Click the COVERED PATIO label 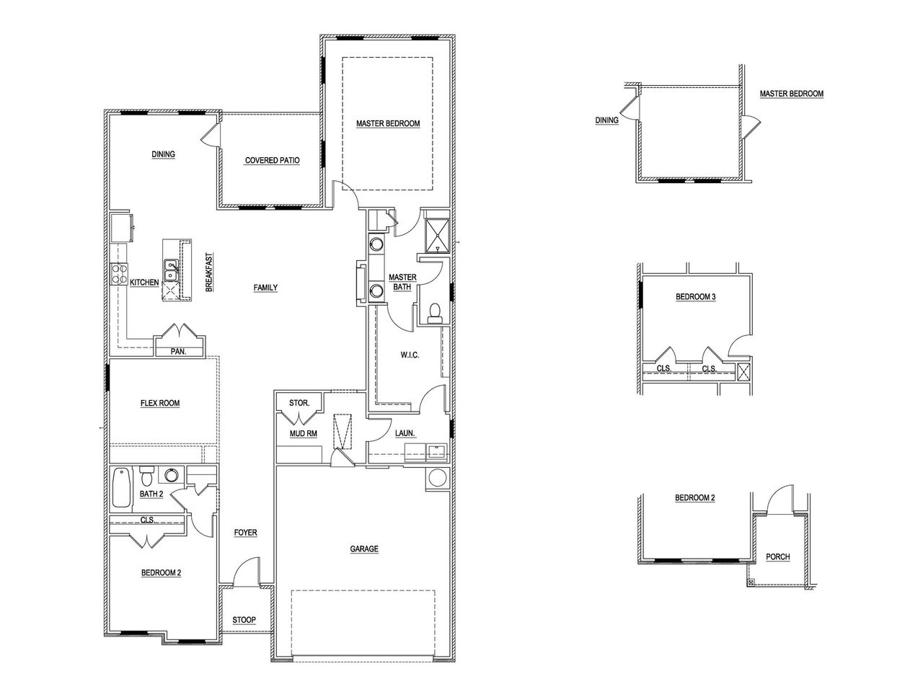272,160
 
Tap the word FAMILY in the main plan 265,288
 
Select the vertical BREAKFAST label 208,271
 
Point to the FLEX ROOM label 160,403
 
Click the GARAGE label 364,549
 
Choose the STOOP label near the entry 244,620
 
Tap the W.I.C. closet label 410,355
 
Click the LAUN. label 404,433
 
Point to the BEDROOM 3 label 695,296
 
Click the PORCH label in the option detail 778,556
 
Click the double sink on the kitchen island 172,271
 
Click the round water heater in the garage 437,478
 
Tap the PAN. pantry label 177,351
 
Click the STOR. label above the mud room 299,402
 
